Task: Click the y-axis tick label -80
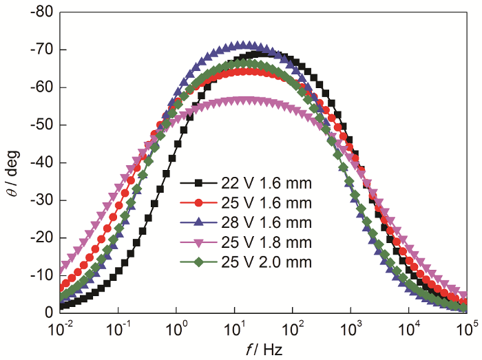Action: point(41,12)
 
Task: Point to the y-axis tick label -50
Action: point(41,125)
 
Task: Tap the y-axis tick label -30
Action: point(41,200)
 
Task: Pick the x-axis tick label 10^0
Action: point(176,330)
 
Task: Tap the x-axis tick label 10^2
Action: point(293,330)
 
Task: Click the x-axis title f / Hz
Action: point(263,349)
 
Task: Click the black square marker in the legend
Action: point(198,184)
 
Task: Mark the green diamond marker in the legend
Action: point(198,261)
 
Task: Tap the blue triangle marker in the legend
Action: point(198,222)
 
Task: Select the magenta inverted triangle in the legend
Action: point(198,242)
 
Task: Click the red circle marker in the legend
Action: point(198,203)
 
